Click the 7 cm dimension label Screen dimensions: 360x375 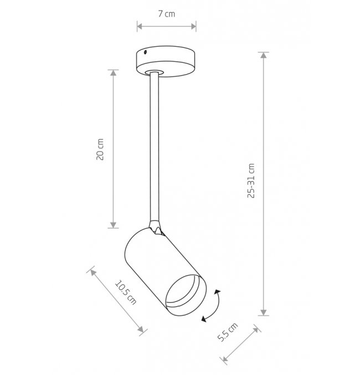click(x=167, y=14)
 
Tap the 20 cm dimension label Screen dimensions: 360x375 click(x=100, y=149)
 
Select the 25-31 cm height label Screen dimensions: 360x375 click(x=251, y=181)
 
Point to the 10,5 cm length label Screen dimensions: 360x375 click(x=126, y=292)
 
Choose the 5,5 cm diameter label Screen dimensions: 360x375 click(x=228, y=332)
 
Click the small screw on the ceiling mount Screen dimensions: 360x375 click(x=145, y=52)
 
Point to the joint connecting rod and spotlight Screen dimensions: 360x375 click(x=156, y=227)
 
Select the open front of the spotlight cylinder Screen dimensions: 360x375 click(x=186, y=295)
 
